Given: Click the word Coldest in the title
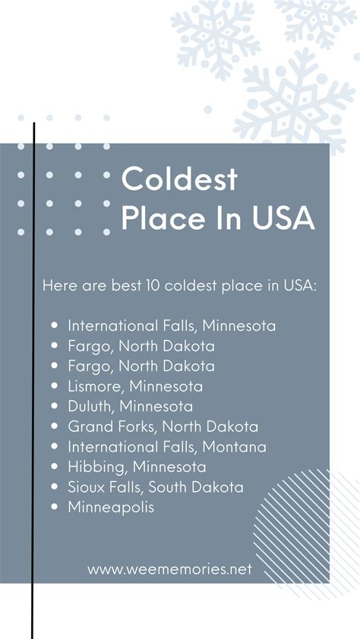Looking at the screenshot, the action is point(179,178).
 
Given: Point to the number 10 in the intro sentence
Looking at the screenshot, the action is point(153,285).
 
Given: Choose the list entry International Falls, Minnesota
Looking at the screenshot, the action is point(172,326).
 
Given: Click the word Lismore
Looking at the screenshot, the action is point(95,386).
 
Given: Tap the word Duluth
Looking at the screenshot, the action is point(92,406).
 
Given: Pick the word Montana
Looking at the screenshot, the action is point(234,447).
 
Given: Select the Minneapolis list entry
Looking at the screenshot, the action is point(111,508).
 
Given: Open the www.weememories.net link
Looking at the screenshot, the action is point(169,569).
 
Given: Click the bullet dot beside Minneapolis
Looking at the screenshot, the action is point(55,506).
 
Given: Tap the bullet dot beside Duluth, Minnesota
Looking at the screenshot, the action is point(55,406).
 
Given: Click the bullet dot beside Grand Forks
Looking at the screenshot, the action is point(55,427).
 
